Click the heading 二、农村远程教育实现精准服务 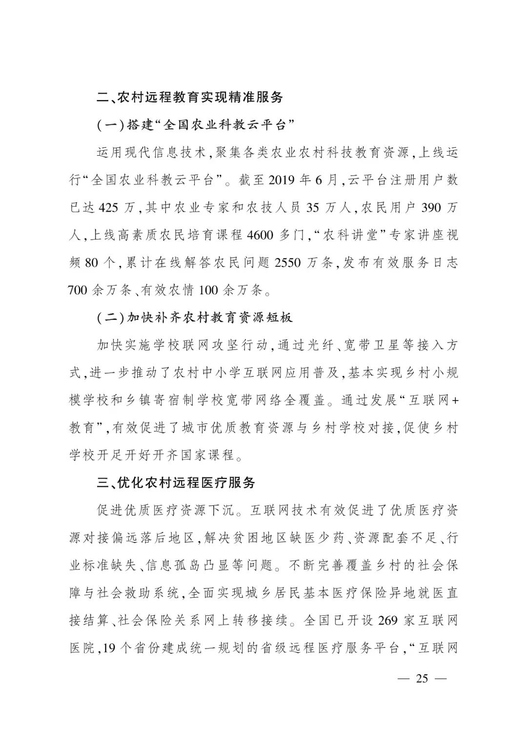pos(190,96)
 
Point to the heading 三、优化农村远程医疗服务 pos(176,483)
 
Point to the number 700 pos(82,290)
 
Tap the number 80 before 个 pos(91,262)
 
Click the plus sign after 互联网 pos(455,401)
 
